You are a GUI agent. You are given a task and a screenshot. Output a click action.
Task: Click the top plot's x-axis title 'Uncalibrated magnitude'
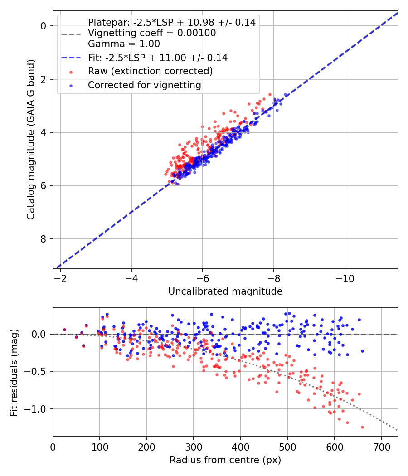[x=225, y=291]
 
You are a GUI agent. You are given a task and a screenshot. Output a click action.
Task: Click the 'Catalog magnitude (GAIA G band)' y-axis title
[x=31, y=138]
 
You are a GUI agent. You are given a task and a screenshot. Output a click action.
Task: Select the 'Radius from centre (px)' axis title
[x=225, y=460]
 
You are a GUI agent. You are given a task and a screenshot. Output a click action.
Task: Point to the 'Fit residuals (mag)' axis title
[x=14, y=372]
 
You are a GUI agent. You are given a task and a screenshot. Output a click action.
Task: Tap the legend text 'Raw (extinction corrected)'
[x=150, y=71]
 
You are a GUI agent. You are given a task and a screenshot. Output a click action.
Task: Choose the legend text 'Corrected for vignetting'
[x=145, y=85]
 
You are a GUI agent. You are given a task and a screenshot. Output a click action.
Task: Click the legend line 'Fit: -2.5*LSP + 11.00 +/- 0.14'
[x=70, y=58]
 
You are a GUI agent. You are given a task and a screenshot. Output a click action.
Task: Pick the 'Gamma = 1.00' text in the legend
[x=124, y=44]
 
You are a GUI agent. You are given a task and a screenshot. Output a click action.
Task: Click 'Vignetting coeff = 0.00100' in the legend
[x=152, y=33]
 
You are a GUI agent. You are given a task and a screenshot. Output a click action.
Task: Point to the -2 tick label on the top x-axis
[x=60, y=277]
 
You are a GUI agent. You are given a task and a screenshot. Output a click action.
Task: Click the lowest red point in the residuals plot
[x=362, y=427]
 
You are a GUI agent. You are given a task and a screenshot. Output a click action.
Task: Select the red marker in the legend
[x=70, y=72]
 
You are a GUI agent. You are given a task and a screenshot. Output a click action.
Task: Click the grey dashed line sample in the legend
[x=70, y=34]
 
